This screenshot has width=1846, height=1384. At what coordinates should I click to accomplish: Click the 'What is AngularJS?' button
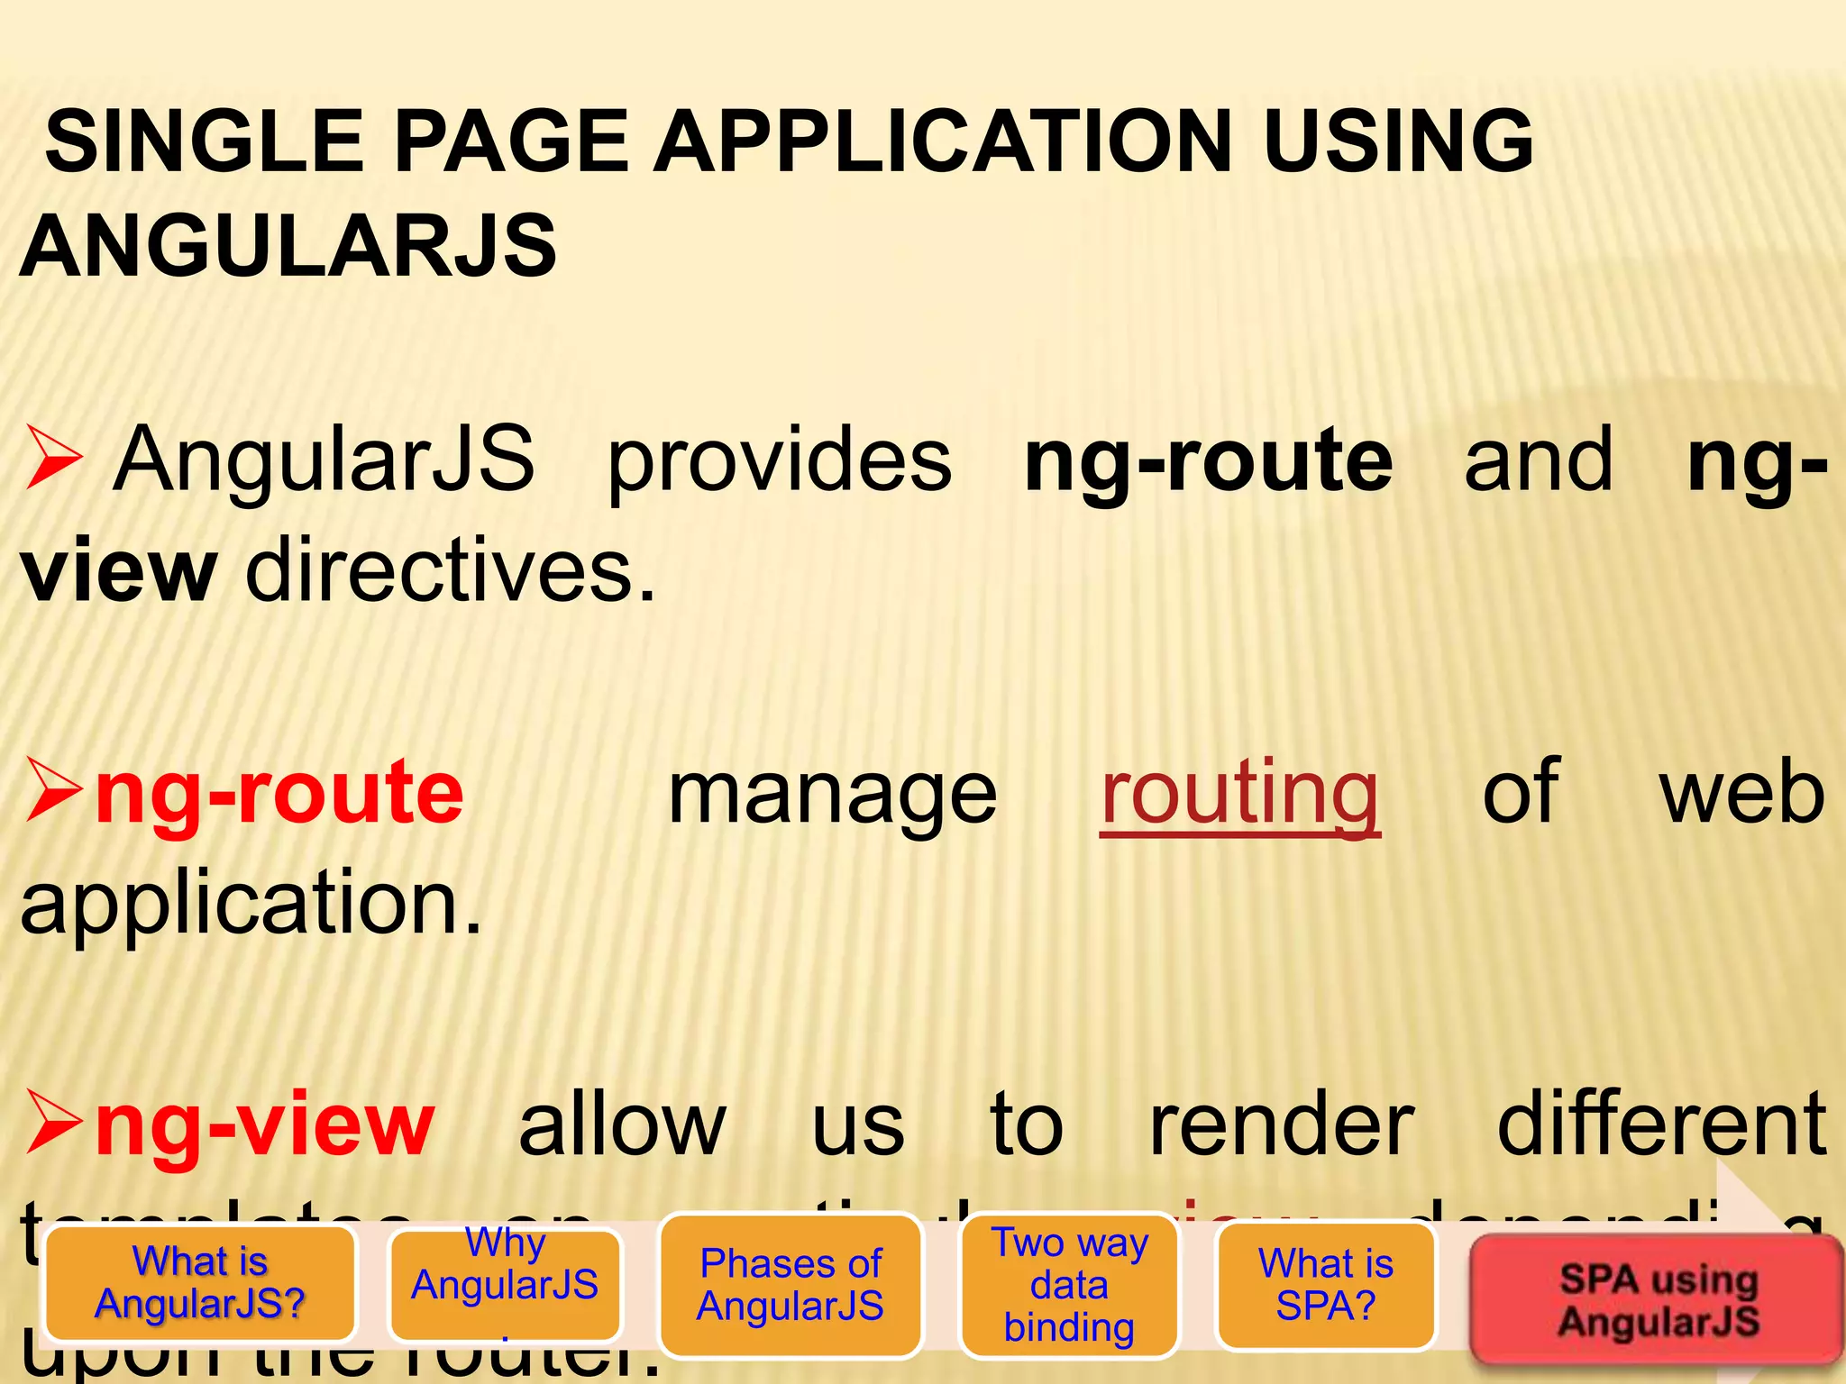pyautogui.click(x=200, y=1282)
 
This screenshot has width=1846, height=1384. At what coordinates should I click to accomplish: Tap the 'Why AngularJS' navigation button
pyautogui.click(x=505, y=1284)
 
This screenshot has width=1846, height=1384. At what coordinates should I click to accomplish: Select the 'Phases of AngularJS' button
pyautogui.click(x=790, y=1284)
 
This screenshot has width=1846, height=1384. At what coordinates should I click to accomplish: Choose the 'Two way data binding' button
pyautogui.click(x=1070, y=1284)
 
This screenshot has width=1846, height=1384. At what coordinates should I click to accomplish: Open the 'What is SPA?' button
pyautogui.click(x=1325, y=1284)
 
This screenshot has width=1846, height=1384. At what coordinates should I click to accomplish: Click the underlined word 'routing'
pyautogui.click(x=1239, y=793)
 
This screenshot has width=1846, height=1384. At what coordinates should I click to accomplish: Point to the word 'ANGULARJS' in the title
pyautogui.click(x=288, y=245)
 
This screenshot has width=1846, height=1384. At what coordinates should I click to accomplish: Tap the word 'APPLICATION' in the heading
pyautogui.click(x=943, y=141)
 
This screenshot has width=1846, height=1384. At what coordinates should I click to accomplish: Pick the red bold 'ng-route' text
pyautogui.click(x=279, y=793)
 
